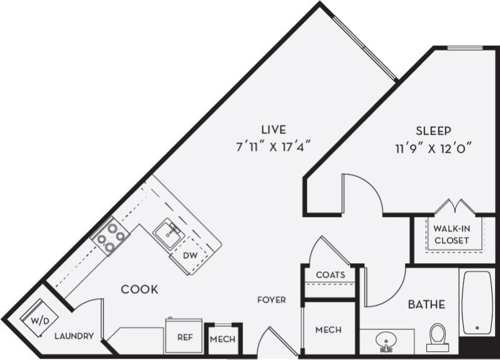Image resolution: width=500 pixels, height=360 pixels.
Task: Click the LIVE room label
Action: (x=274, y=130)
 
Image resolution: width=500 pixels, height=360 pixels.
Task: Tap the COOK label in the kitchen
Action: (x=139, y=289)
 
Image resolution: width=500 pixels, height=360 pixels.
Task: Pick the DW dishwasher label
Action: (x=189, y=255)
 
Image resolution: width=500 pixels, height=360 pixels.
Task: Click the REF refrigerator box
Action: (x=184, y=336)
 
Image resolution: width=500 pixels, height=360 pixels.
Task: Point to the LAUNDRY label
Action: (x=74, y=336)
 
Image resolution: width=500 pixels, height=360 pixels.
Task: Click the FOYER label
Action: (x=271, y=300)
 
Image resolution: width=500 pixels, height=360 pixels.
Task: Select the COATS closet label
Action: (x=330, y=275)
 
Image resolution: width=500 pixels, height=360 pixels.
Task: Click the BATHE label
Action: (x=426, y=305)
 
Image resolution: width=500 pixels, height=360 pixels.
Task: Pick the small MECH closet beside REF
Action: (x=222, y=339)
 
